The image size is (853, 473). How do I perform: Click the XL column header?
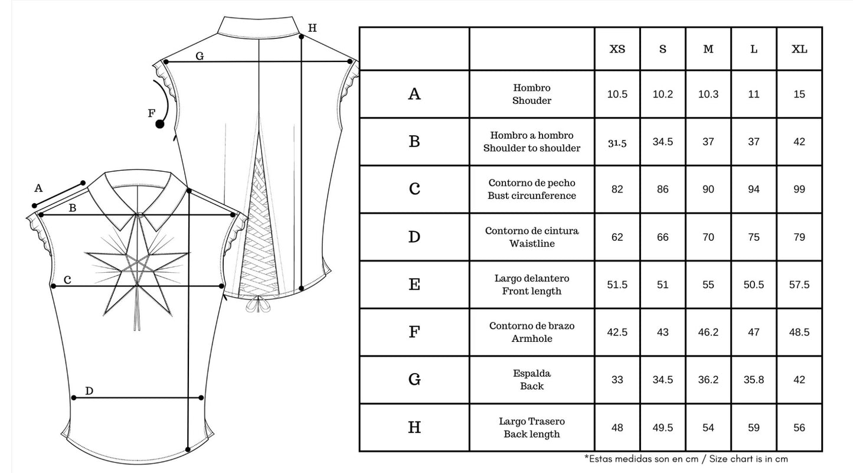click(799, 49)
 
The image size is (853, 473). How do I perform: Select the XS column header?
click(617, 49)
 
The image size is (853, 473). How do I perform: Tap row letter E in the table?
click(414, 285)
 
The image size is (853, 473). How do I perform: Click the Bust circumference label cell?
click(532, 190)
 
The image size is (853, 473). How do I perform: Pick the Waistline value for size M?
click(708, 237)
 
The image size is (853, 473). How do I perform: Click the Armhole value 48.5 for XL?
click(799, 332)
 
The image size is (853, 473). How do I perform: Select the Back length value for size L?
click(754, 428)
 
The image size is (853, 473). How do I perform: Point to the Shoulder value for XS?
click(617, 94)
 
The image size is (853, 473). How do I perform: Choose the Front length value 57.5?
click(799, 285)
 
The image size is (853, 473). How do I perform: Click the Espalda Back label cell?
click(532, 380)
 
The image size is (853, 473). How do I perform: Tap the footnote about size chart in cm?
click(686, 459)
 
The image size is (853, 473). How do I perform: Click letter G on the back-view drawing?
click(200, 56)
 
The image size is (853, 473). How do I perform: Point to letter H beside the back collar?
click(312, 28)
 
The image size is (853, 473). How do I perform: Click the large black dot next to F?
click(160, 124)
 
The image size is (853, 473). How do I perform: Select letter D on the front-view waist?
click(89, 391)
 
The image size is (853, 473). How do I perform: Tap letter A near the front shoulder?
click(38, 188)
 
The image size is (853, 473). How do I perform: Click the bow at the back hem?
click(258, 305)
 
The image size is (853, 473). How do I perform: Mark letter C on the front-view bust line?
click(67, 280)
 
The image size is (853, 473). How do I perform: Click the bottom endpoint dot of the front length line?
click(188, 449)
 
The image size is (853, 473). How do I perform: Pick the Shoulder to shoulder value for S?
click(662, 142)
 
